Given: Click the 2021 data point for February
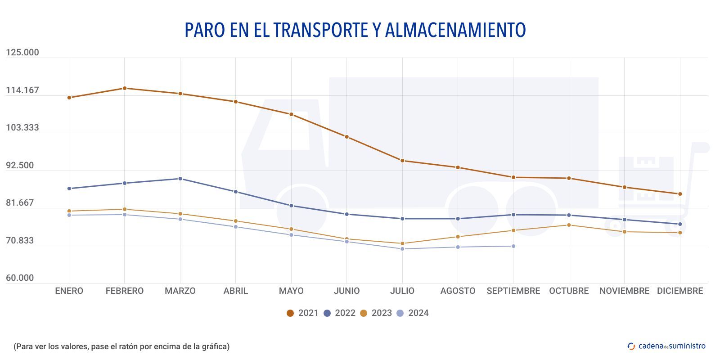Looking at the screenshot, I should [125, 88].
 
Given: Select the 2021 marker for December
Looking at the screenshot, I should [680, 194].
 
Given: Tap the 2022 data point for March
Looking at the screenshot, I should [180, 179].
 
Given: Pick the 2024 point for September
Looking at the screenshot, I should [513, 246].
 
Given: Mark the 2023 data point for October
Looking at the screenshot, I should [569, 225].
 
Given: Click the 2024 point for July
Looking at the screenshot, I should [402, 249].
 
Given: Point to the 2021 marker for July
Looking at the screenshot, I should [402, 161].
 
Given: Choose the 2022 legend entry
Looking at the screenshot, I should [340, 313].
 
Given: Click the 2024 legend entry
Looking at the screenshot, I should [413, 313].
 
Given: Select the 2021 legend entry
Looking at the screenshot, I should [303, 313].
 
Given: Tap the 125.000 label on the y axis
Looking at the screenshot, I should [22, 53].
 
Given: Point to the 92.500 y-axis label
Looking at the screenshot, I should [20, 166].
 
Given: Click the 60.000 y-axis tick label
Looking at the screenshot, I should [20, 278].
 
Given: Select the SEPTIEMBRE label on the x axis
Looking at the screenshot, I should [513, 291].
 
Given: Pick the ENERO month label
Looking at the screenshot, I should [69, 291].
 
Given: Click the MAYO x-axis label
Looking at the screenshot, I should [291, 291].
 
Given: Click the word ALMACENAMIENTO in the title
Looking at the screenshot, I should [455, 30].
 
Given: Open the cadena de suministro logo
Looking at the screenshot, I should [666, 346].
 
